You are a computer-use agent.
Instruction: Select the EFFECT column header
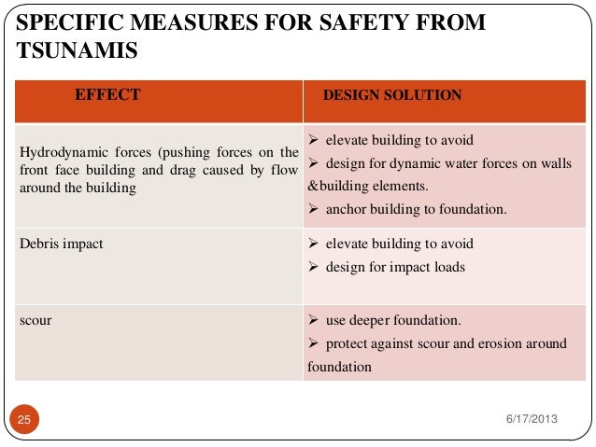107,94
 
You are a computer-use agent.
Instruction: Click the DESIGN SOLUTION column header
391,95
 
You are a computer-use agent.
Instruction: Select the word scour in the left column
35,320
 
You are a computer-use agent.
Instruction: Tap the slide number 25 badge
24,420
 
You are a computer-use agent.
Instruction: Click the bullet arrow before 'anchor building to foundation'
314,208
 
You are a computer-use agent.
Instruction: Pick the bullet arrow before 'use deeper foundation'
314,320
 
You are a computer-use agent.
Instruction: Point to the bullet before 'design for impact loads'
314,267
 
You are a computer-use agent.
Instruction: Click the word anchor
346,209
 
